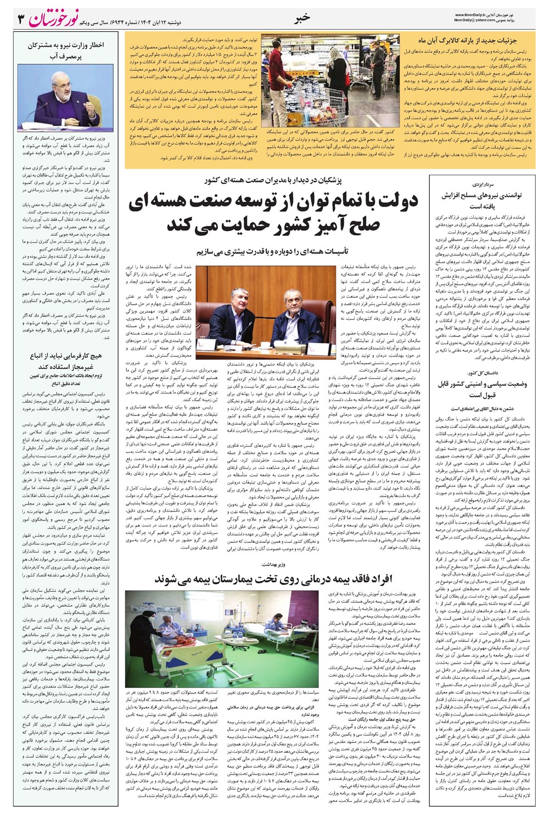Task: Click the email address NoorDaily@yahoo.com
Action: click(475, 20)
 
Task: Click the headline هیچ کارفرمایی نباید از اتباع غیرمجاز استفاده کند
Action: click(66, 361)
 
